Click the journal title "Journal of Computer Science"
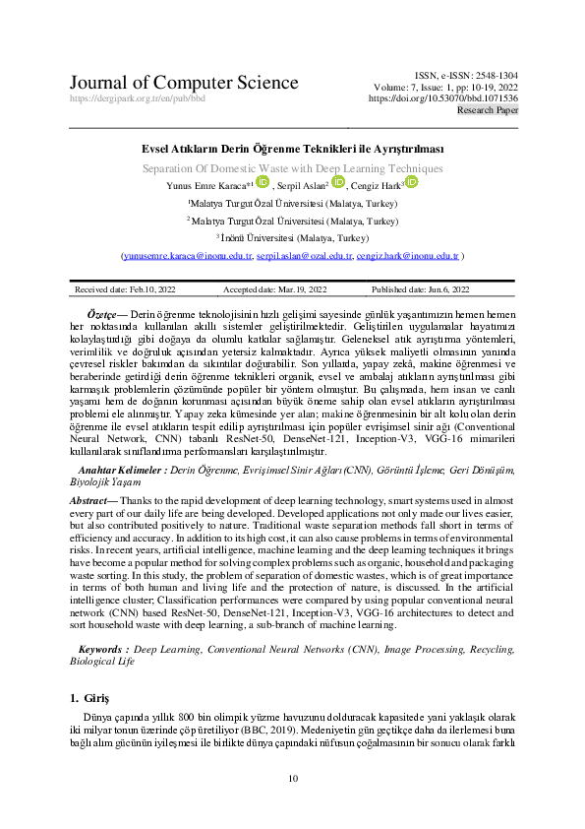[x=184, y=83]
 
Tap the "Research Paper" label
[x=488, y=111]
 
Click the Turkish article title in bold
[x=293, y=149]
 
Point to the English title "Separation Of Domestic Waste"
[x=293, y=167]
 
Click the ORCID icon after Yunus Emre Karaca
[x=263, y=181]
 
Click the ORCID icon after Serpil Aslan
[x=338, y=182]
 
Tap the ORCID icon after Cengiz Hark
[x=411, y=182]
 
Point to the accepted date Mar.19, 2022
[x=275, y=289]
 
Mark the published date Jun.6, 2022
[x=420, y=289]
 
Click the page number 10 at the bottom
[x=292, y=780]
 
